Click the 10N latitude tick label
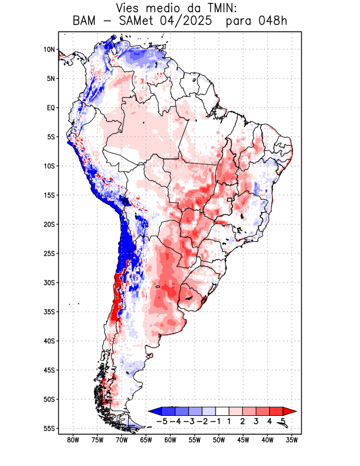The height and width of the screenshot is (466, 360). pyautogui.click(x=49, y=50)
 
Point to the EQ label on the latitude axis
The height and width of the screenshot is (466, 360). pyautogui.click(x=50, y=108)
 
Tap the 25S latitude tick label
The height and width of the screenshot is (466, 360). pyautogui.click(x=48, y=253)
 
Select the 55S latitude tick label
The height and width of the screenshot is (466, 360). pyautogui.click(x=48, y=428)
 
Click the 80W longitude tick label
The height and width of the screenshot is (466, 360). pyautogui.click(x=73, y=440)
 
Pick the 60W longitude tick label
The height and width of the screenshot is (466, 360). pyautogui.click(x=170, y=440)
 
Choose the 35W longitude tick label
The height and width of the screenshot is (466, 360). pyautogui.click(x=292, y=440)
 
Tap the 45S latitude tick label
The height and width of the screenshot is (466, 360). pyautogui.click(x=48, y=370)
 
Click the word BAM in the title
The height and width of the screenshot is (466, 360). pyautogui.click(x=86, y=22)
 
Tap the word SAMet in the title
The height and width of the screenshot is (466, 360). pyautogui.click(x=136, y=22)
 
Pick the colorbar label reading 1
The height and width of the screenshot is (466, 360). pyautogui.click(x=229, y=421)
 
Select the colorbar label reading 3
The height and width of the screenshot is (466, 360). pyautogui.click(x=256, y=421)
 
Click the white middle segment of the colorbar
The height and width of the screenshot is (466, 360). pyautogui.click(x=222, y=411)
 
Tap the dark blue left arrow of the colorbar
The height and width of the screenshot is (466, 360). pyautogui.click(x=153, y=411)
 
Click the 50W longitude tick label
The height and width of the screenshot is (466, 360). pyautogui.click(x=219, y=440)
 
